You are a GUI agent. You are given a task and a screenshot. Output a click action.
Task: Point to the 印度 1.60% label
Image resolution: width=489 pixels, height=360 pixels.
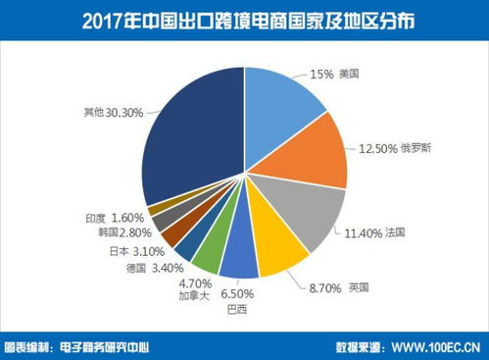tap(116, 216)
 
